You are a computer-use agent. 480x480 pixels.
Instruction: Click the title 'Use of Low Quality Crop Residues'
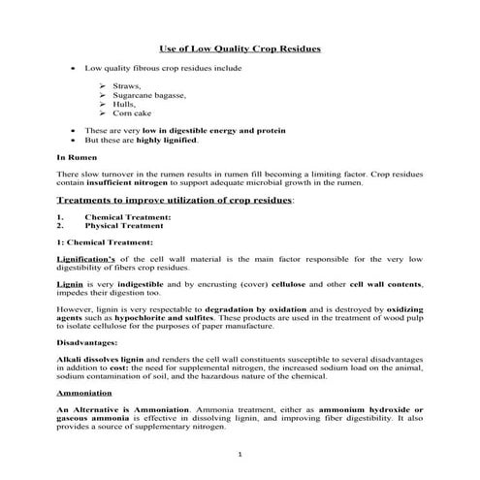click(240, 48)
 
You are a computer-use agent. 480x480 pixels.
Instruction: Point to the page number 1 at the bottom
click(239, 454)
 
